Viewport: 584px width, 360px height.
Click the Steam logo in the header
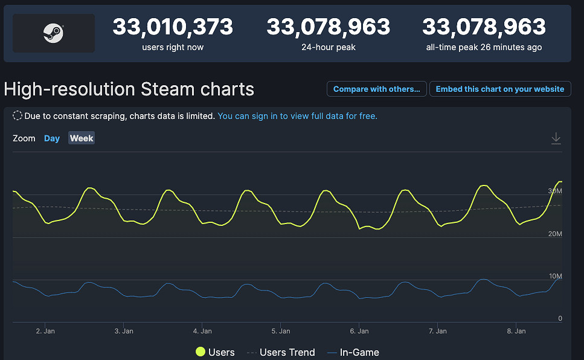[x=54, y=33]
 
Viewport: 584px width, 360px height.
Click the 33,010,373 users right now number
[x=173, y=27]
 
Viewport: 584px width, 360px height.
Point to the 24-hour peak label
[x=328, y=47]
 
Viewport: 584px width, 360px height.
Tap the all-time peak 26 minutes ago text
[x=484, y=47]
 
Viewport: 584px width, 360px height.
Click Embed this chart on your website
[x=499, y=89]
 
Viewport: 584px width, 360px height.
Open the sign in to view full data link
[x=297, y=115]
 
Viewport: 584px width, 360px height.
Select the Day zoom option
[x=52, y=138]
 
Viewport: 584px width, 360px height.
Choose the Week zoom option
[x=82, y=138]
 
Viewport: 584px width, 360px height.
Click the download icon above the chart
[x=556, y=139]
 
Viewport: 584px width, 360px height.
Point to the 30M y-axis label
[x=555, y=191]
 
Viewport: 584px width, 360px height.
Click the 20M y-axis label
[x=555, y=234]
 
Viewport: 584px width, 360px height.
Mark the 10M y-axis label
[x=555, y=276]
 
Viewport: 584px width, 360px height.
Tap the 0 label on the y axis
[x=560, y=318]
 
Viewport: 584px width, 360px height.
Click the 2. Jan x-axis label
[x=45, y=331]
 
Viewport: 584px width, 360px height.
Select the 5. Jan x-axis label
[x=281, y=331]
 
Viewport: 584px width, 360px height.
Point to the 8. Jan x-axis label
[x=516, y=331]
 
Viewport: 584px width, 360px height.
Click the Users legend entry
[x=215, y=352]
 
